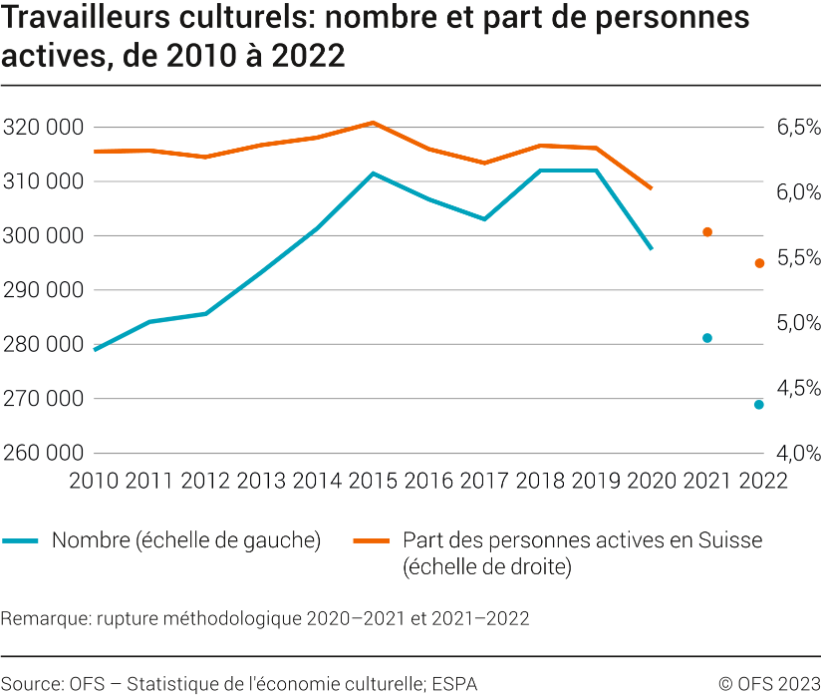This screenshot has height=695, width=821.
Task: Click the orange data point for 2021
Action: tap(707, 232)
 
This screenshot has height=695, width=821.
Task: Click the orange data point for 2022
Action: tap(759, 263)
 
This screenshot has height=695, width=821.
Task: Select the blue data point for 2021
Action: tap(707, 338)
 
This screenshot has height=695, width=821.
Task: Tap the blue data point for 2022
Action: tap(759, 405)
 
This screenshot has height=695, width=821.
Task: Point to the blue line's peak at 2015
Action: tap(373, 174)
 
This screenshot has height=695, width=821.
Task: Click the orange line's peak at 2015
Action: tap(373, 123)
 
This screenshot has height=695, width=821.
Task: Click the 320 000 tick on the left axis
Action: tap(43, 128)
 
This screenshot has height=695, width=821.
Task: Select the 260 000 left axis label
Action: tap(43, 453)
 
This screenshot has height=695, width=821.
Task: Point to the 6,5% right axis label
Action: tap(792, 128)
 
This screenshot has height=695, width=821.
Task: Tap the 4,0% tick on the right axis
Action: tap(792, 453)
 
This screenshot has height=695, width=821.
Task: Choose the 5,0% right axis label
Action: tap(792, 323)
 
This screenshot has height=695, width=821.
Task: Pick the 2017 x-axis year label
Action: tap(484, 480)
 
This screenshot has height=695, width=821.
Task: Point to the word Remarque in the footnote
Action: tap(44, 618)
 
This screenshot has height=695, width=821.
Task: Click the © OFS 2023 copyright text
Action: tap(769, 683)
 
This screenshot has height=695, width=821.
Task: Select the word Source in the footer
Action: tap(31, 683)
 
